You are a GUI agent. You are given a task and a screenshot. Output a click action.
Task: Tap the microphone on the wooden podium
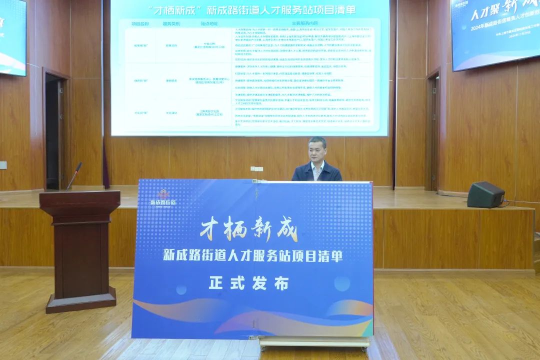pyautogui.click(x=74, y=175)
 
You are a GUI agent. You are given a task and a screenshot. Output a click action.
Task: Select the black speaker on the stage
pyautogui.click(x=485, y=194)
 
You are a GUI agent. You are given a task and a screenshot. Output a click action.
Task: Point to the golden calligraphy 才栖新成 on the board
pyautogui.click(x=248, y=230)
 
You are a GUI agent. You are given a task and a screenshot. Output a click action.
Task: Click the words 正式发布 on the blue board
pyautogui.click(x=248, y=283)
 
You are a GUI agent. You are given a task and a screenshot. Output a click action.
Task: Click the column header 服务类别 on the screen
pyautogui.click(x=172, y=23)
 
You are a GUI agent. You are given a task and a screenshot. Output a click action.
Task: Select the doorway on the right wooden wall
pyautogui.click(x=433, y=130)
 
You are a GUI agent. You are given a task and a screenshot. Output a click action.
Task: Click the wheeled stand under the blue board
pyautogui.click(x=314, y=342)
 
